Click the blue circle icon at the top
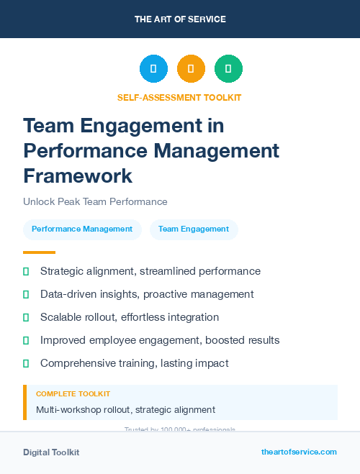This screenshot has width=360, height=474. pos(153,68)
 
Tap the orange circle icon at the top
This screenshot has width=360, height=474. pos(191,68)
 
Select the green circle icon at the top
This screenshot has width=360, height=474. pos(228,68)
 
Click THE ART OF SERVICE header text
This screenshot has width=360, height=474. pos(180,19)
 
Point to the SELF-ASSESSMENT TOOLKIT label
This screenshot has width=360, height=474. pos(179,97)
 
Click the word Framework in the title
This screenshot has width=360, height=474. pos(78,176)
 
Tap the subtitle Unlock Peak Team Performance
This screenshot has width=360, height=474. pos(95,201)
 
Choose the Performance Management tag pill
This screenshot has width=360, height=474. pos(82,229)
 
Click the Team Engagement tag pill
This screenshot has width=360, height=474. pos(194,229)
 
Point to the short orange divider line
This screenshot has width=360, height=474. pos(39,252)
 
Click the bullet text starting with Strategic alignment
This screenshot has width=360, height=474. pos(150,271)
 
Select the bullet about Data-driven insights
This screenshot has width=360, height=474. pos(147,294)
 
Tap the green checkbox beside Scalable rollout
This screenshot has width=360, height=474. pos(26,317)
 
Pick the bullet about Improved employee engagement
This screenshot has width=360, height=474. pos(160,340)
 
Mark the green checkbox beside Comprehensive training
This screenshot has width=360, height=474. pos(26,363)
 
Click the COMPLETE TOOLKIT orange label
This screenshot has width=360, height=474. pos(73,394)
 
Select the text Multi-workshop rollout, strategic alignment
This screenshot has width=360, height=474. pos(125,409)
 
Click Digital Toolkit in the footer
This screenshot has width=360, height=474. pos(51,452)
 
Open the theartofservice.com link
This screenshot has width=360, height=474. pos(299,452)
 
